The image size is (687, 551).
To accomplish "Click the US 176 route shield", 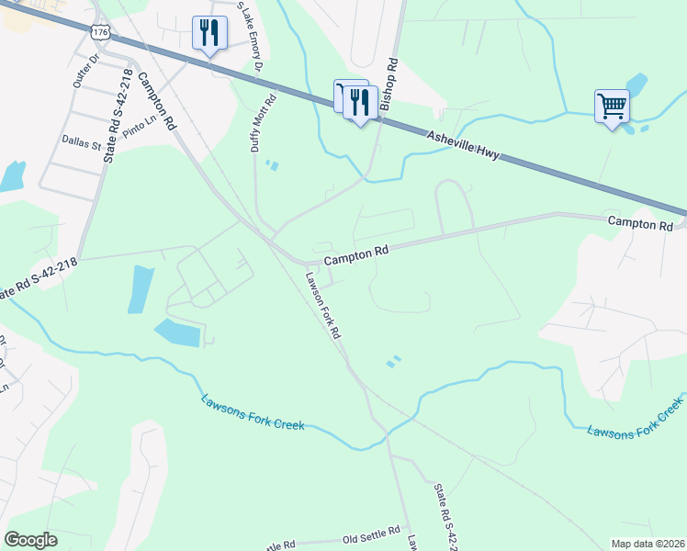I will click(99, 32).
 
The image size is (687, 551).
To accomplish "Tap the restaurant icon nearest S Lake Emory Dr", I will click(209, 33).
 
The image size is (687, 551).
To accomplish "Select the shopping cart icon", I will click(612, 106).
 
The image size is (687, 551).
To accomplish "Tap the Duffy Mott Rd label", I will click(262, 124).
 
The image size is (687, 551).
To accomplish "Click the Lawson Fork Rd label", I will click(323, 306).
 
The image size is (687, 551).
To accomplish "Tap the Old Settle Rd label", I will click(371, 532).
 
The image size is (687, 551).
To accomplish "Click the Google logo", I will click(31, 540).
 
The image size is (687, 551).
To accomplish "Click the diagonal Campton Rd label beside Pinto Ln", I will click(156, 99).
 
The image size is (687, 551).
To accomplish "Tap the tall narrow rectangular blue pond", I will click(141, 288).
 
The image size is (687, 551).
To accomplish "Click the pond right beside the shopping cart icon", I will click(636, 88).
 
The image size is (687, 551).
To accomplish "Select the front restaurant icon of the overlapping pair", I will click(360, 103).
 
